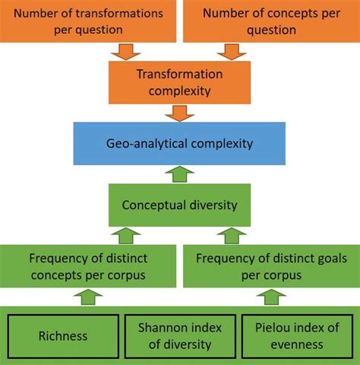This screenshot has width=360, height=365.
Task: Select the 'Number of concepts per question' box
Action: pyautogui.click(x=270, y=21)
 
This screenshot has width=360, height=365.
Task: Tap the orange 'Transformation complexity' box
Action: pyautogui.click(x=179, y=82)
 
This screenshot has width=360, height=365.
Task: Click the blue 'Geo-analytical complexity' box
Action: pyautogui.click(x=179, y=143)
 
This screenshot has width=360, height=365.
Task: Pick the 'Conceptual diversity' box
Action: pyautogui.click(x=179, y=204)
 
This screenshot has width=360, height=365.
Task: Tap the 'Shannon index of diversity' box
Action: pyautogui.click(x=180, y=336)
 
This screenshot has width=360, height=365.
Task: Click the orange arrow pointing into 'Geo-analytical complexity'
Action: pyautogui.click(x=179, y=113)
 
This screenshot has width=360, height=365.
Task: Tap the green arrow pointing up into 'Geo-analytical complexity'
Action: pyautogui.click(x=179, y=173)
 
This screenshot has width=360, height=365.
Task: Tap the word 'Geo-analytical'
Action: pyautogui.click(x=152, y=143)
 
